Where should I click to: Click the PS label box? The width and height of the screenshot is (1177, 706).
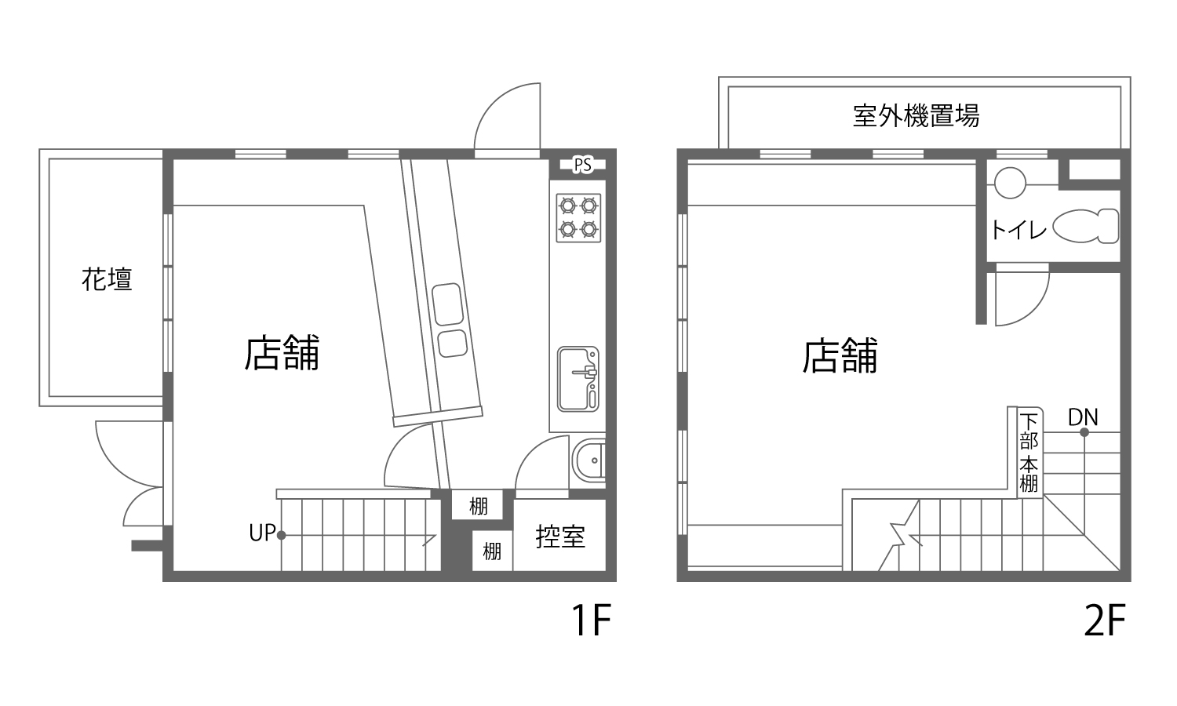coord(583,165)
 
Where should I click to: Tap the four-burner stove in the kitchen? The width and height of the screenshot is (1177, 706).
coord(578,218)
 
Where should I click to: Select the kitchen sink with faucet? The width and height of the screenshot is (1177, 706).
coord(578,379)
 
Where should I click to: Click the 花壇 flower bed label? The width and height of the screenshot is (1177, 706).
coord(107,279)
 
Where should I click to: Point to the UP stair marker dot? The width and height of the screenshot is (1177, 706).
coord(281,535)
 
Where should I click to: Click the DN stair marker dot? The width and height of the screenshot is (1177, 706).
coord(1084,432)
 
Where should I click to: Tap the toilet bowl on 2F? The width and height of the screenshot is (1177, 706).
coord(1086,226)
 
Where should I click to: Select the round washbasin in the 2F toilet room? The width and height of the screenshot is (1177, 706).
coord(1010,182)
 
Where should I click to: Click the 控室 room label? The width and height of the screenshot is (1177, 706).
coord(560,537)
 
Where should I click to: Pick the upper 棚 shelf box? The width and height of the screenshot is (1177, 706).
coord(478,505)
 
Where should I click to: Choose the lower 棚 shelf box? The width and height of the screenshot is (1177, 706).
coord(492,551)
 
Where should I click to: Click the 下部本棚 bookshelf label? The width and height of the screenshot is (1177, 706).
coord(1029,453)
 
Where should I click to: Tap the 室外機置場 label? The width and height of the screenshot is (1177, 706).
coord(916,115)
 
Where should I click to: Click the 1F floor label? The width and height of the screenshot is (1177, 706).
coord(592,620)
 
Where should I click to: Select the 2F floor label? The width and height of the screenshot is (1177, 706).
coord(1105,620)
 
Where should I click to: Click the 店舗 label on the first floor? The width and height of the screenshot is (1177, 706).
coord(282,353)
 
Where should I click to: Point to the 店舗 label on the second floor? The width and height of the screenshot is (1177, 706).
coord(840,355)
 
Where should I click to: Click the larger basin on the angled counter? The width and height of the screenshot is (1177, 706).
coord(448,304)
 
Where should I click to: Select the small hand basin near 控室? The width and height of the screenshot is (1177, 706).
coord(588,460)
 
